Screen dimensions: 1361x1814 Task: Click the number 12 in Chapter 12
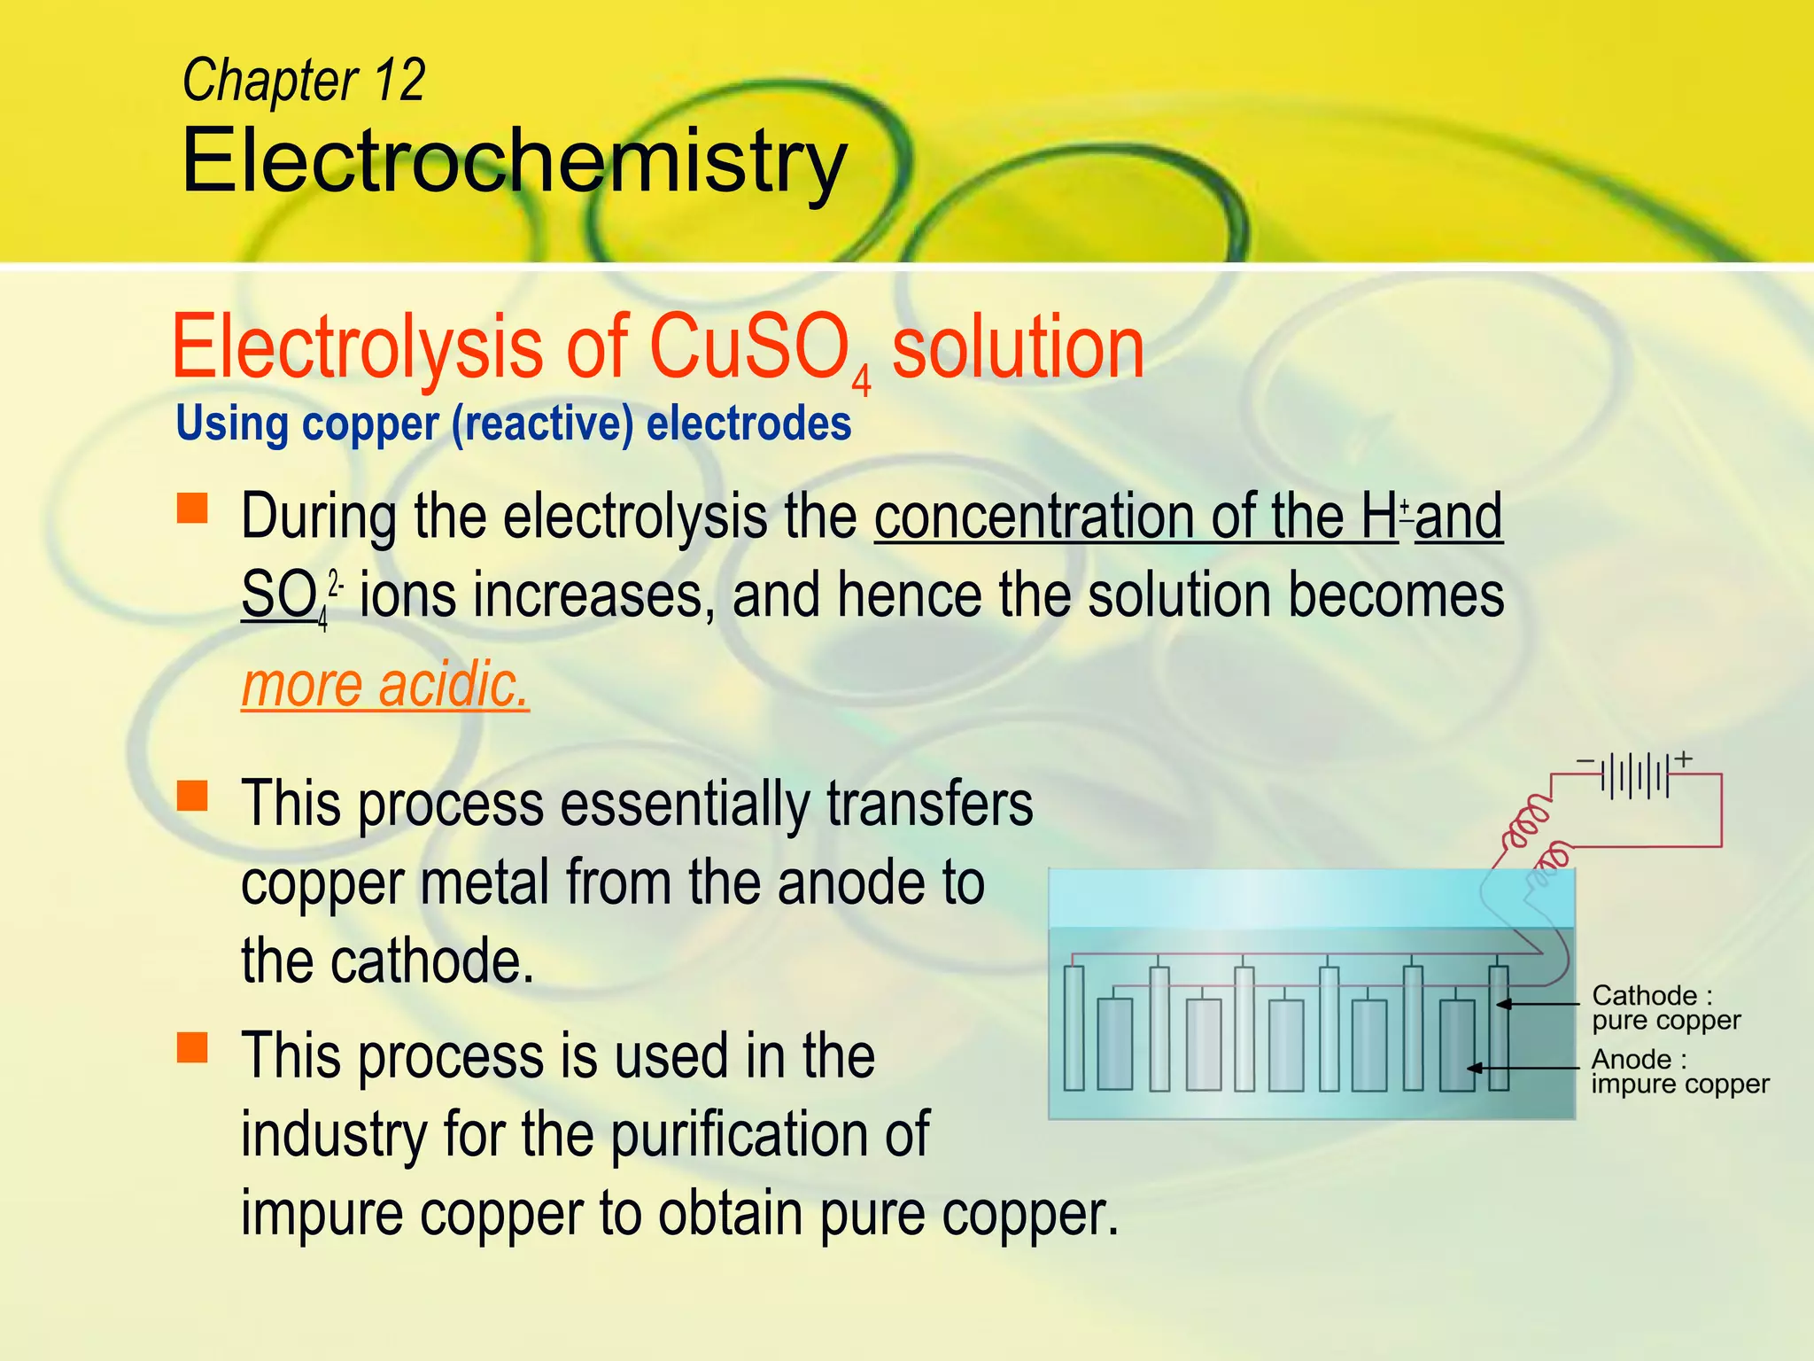point(399,81)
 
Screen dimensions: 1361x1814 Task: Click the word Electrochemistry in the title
point(514,161)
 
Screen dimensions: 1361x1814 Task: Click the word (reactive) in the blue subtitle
point(542,424)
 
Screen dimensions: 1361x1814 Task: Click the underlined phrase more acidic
point(385,685)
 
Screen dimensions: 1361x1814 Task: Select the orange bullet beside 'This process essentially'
point(192,795)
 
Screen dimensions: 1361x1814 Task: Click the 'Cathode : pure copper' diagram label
point(1665,1007)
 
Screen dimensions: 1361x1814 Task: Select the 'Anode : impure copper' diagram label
point(1678,1071)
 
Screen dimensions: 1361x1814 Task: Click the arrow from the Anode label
point(1523,1068)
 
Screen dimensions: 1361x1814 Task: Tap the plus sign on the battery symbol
point(1684,758)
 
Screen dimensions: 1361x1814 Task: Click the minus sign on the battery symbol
point(1585,761)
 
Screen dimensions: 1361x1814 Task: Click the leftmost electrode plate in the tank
point(1074,1028)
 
